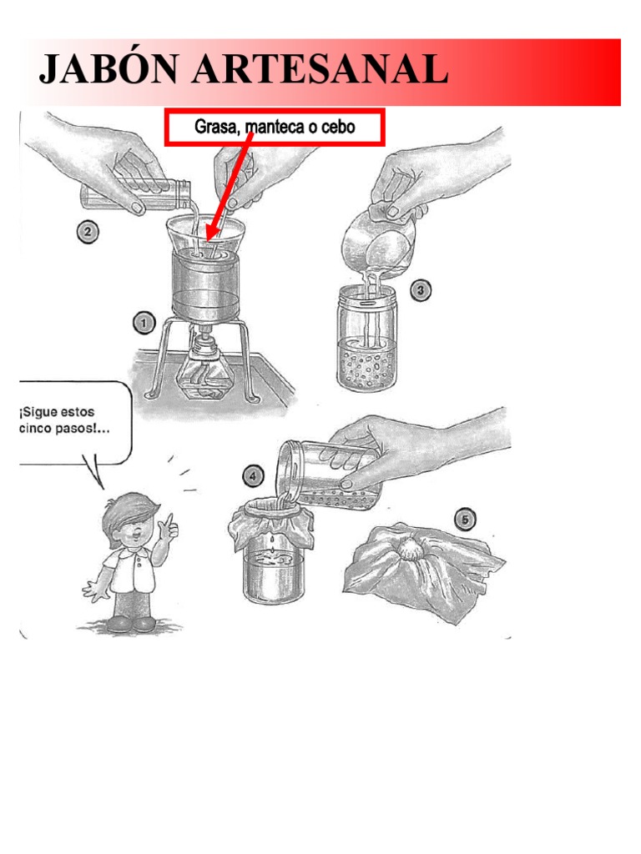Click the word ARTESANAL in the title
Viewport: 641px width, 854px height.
(320, 70)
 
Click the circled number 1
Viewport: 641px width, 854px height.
(144, 324)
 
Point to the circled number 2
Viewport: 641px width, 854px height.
(87, 233)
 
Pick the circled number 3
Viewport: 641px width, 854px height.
(420, 289)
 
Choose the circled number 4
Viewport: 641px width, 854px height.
(252, 477)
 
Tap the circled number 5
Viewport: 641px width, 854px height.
(464, 520)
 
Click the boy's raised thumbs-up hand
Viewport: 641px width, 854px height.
(169, 526)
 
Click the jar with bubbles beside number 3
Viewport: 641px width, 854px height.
(367, 339)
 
